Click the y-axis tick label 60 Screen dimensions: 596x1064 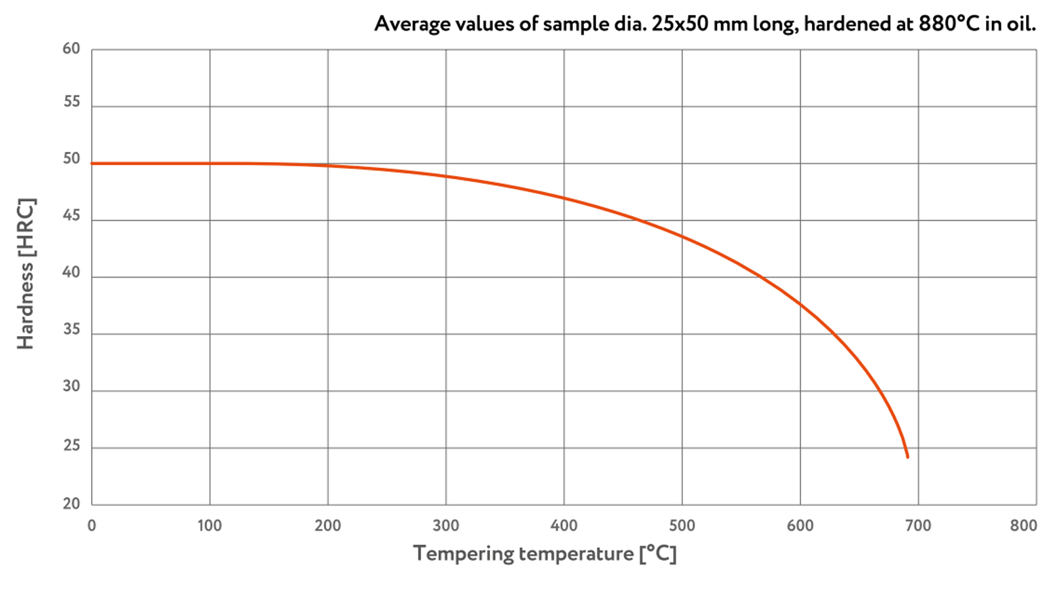[x=71, y=49]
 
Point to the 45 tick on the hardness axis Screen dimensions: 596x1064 [x=71, y=215]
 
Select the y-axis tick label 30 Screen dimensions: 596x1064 [x=71, y=386]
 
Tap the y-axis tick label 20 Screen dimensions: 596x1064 [x=71, y=504]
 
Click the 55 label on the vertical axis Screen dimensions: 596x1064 [x=71, y=102]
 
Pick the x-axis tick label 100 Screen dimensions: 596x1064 [x=209, y=525]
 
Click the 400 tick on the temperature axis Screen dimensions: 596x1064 [x=564, y=525]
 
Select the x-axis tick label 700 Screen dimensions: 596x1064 [x=918, y=525]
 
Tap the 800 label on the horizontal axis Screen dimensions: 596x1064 [x=1023, y=525]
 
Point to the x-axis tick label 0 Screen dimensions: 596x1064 [x=92, y=525]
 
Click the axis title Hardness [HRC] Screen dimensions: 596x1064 [x=26, y=274]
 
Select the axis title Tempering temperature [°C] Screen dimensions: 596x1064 [x=545, y=554]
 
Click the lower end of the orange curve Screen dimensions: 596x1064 [x=907, y=457]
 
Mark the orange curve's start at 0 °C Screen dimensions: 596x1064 [x=92, y=164]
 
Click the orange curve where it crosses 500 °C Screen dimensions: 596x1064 [x=682, y=236]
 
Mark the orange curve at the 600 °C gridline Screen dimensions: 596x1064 [x=800, y=305]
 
